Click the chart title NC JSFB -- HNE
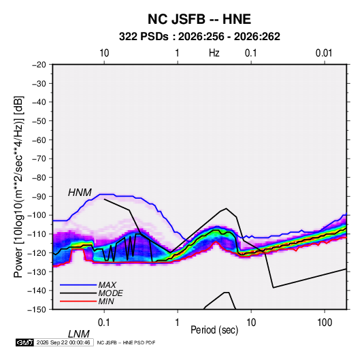pyautogui.click(x=199, y=19)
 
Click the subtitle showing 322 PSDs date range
pyautogui.click(x=199, y=37)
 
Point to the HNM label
pyautogui.click(x=80, y=193)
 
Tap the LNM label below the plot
pyautogui.click(x=79, y=334)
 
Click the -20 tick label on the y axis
pyautogui.click(x=39, y=65)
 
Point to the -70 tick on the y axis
pyautogui.click(x=39, y=159)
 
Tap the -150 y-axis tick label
pyautogui.click(x=37, y=310)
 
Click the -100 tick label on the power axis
pyautogui.click(x=37, y=215)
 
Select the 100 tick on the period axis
pyautogui.click(x=325, y=323)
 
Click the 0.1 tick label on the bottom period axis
pyautogui.click(x=104, y=323)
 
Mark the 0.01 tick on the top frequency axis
pyautogui.click(x=324, y=53)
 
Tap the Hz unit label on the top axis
pyautogui.click(x=214, y=53)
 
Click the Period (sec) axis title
pyautogui.click(x=214, y=330)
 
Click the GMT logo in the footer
pyautogui.click(x=25, y=342)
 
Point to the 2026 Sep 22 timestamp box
pyautogui.click(x=64, y=342)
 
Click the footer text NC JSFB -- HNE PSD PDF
pyautogui.click(x=126, y=342)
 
